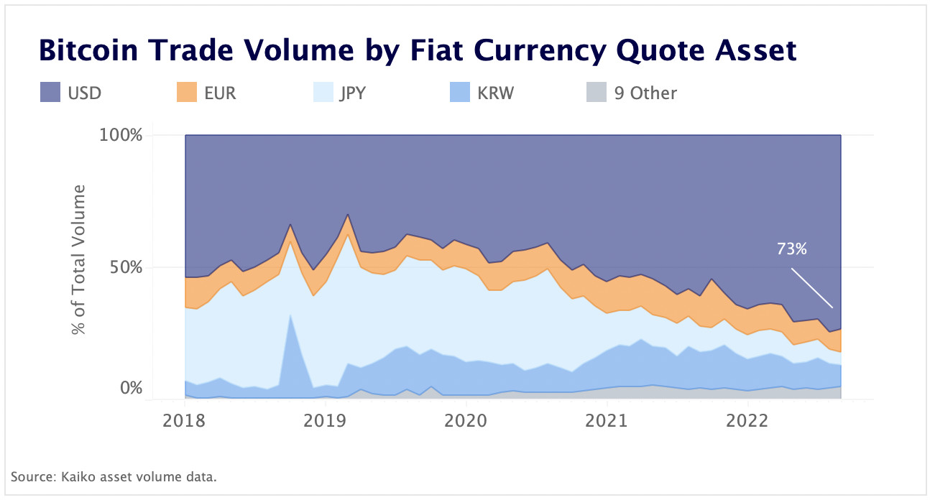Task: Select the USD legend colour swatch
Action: coord(50,93)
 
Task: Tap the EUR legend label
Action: coord(219,93)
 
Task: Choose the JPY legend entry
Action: coord(352,93)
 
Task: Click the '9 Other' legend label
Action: coord(645,93)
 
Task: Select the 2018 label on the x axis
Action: coord(185,420)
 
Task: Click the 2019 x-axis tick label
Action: coord(326,420)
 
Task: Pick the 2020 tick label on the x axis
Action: coord(466,420)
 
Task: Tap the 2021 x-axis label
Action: coord(607,420)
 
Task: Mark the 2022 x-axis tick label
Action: coord(748,420)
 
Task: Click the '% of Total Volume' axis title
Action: coord(78,259)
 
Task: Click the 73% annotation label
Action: coord(792,249)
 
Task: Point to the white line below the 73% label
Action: coord(812,288)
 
